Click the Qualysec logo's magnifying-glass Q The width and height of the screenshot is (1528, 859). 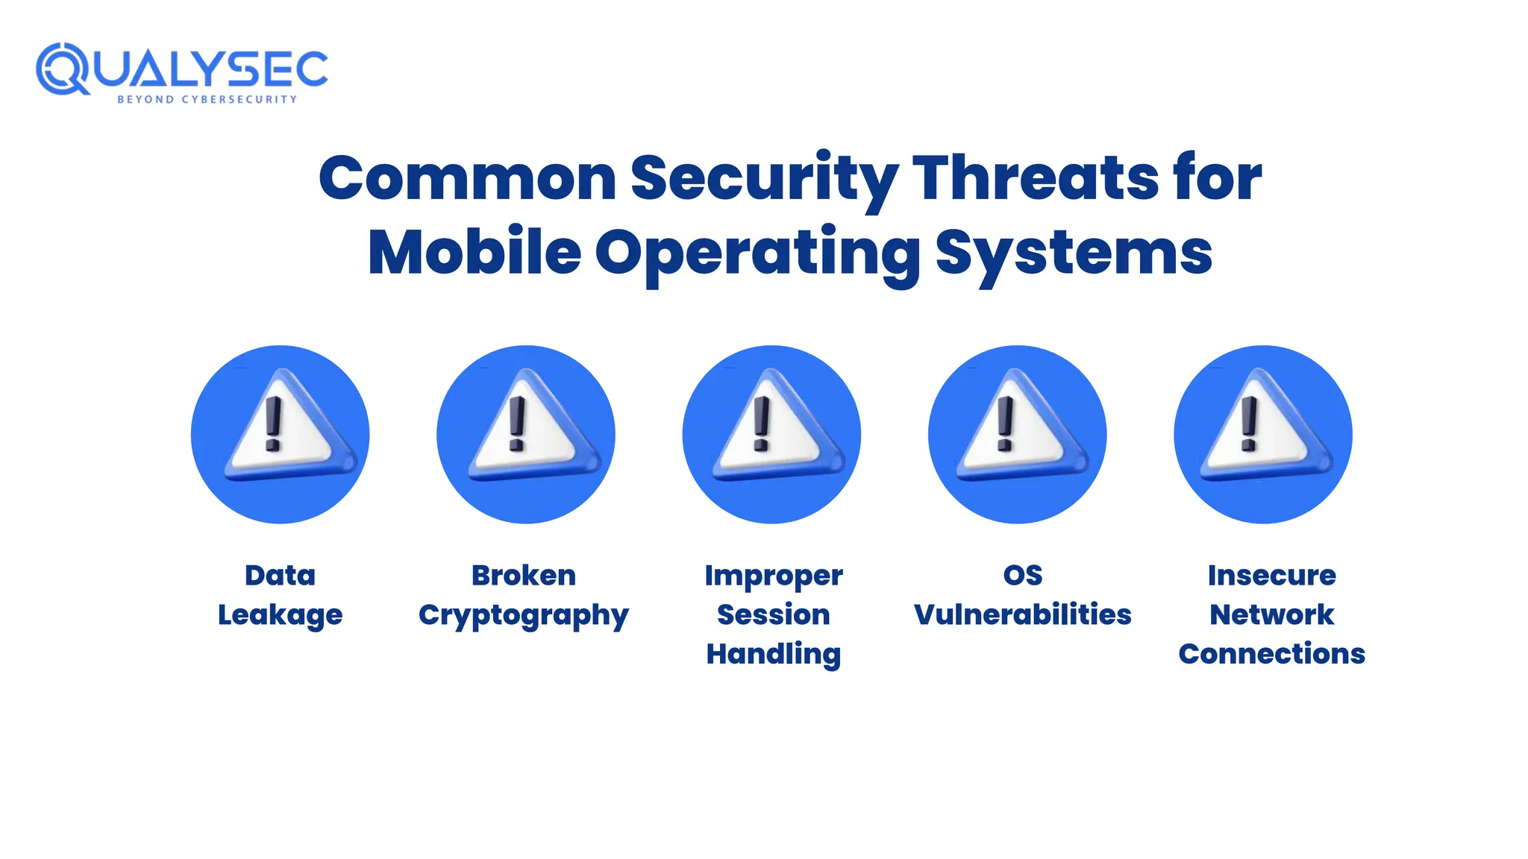point(63,69)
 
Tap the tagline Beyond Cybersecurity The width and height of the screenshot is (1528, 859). point(207,99)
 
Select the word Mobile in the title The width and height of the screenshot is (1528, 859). point(475,253)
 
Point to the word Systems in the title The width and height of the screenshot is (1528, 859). point(1074,253)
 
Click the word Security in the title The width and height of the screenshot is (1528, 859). point(764,178)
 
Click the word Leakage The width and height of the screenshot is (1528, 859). point(280,615)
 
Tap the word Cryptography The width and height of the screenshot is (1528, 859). point(524,615)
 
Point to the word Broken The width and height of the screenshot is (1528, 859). point(524,575)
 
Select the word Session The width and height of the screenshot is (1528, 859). point(774,614)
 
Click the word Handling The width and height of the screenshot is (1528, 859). point(774,654)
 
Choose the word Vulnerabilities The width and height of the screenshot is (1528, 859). point(1022,614)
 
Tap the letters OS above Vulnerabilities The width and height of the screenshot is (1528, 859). point(1022,575)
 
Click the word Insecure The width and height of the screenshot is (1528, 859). point(1271,575)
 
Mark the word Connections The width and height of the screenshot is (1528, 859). point(1271,654)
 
